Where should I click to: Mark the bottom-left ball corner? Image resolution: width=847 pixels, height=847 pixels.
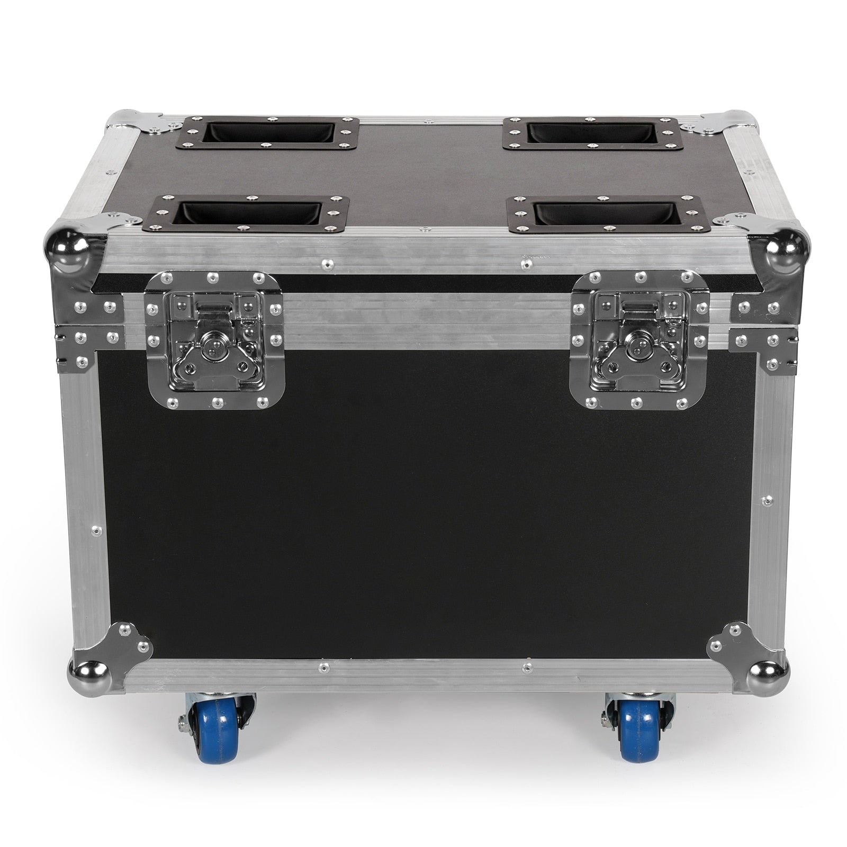point(87,674)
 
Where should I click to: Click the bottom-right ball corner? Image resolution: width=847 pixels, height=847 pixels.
point(767,674)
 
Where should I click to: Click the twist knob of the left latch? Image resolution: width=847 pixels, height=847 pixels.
point(213,340)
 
